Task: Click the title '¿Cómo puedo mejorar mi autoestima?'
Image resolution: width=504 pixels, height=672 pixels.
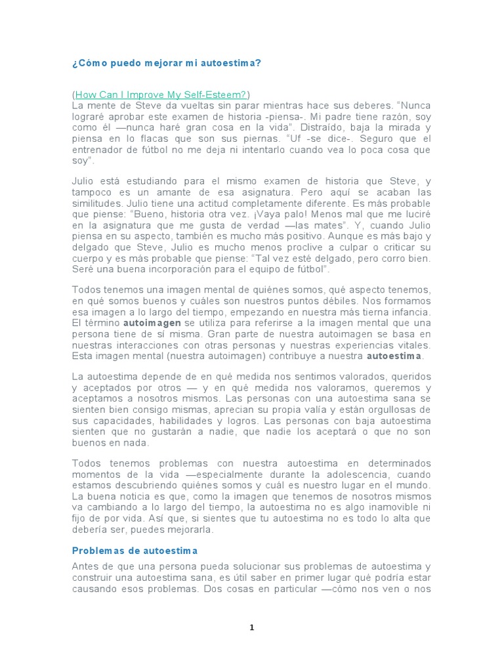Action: [166, 63]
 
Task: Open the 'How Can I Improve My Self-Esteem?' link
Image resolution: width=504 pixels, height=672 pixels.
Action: [161, 94]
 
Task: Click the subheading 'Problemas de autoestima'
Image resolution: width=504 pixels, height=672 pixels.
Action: [135, 550]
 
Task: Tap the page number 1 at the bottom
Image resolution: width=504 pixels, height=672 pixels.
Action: [251, 628]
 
